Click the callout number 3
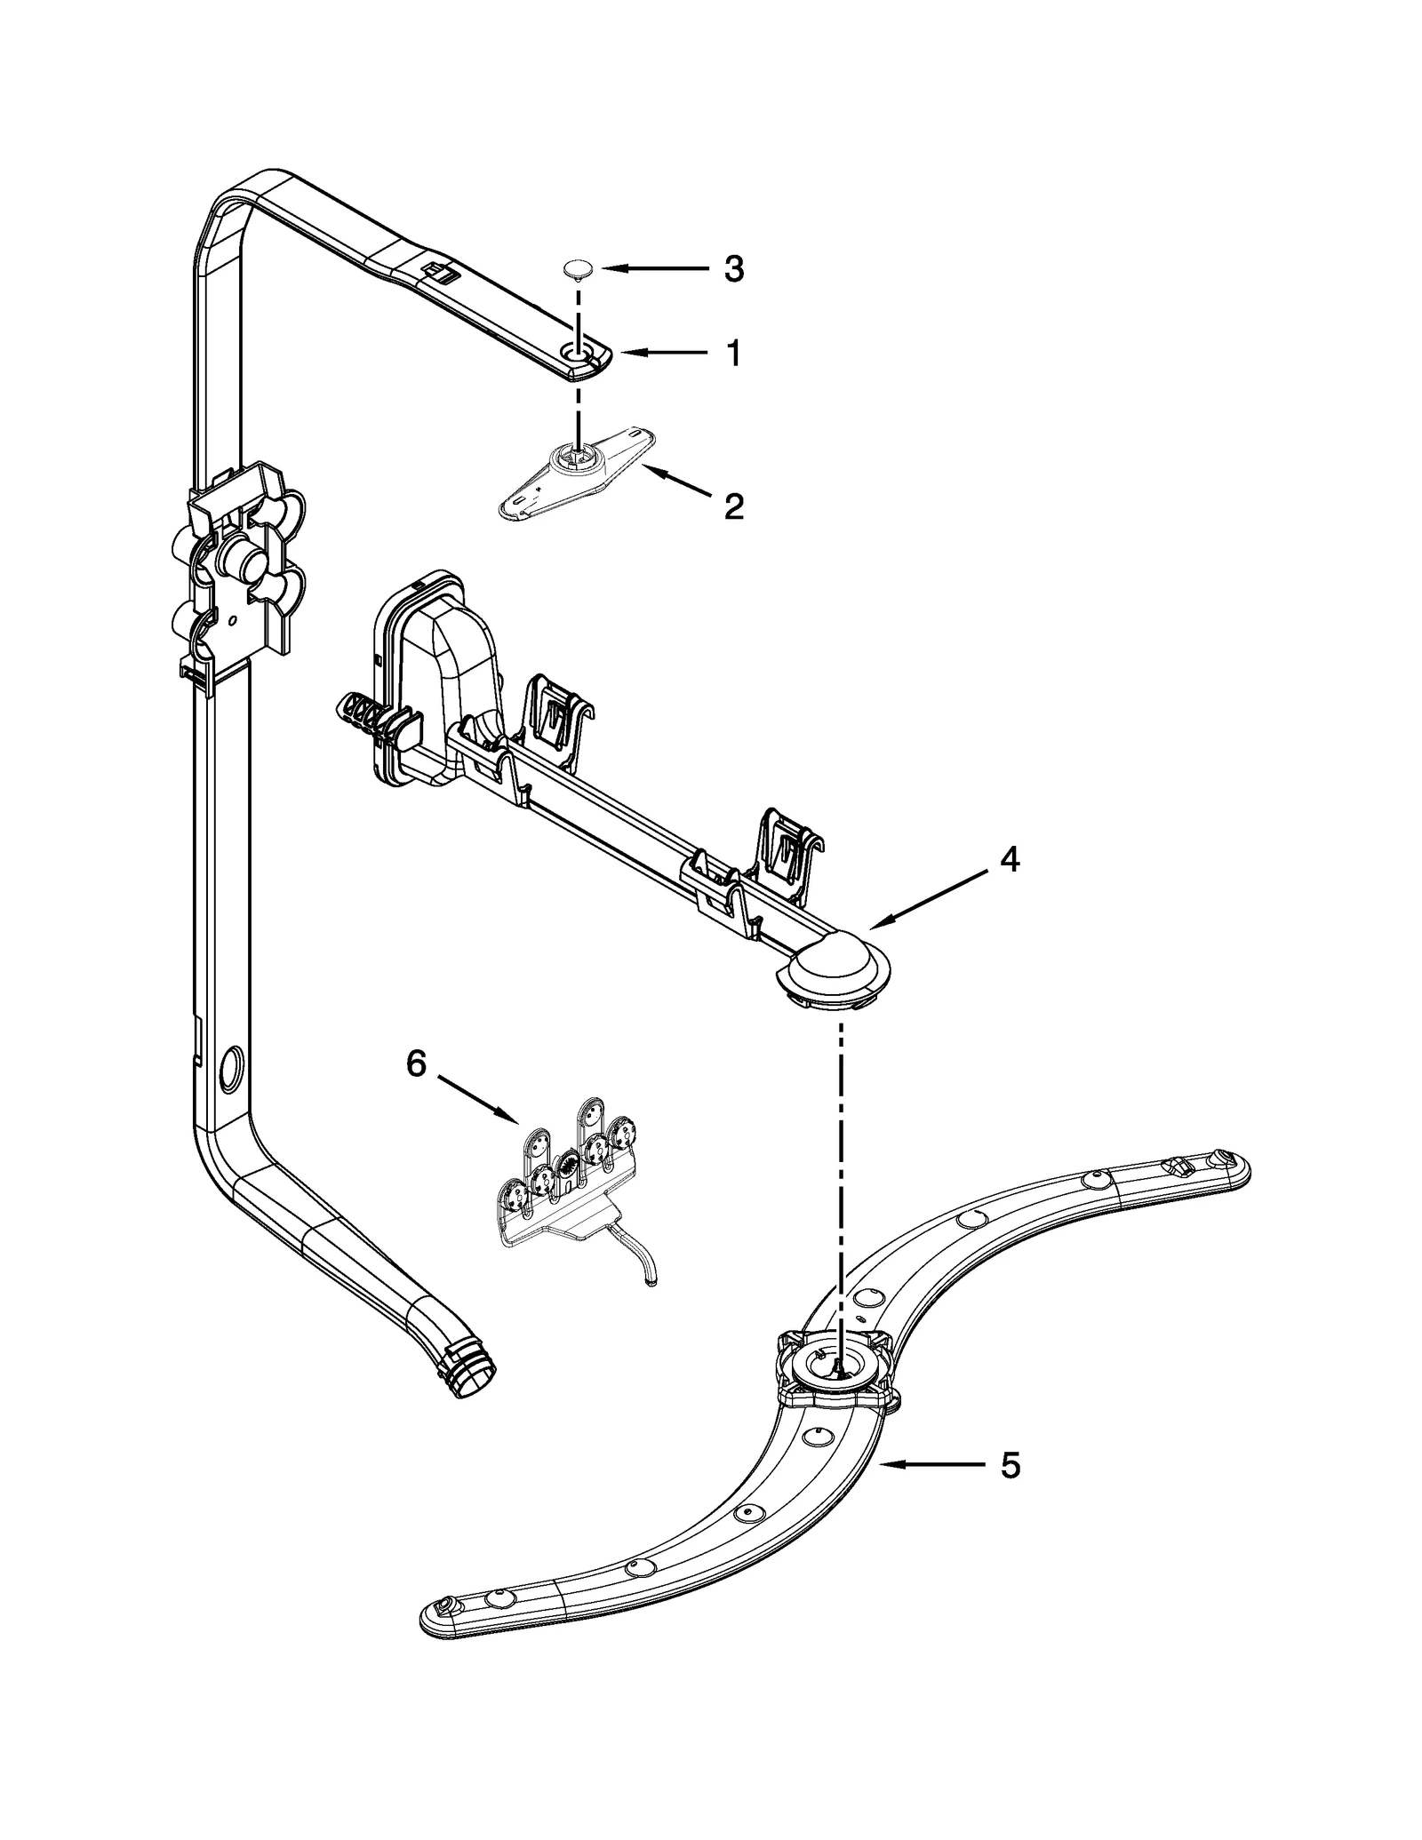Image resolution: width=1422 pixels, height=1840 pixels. click(733, 268)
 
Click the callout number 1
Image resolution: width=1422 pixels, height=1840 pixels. click(733, 354)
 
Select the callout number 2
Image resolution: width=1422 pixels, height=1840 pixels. click(733, 507)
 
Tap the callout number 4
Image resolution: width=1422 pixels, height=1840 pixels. click(1009, 859)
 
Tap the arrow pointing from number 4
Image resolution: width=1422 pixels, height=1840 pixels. click(930, 900)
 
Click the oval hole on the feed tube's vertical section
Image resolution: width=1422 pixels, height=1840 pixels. click(229, 1067)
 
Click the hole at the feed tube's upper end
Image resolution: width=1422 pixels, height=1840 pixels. click(580, 357)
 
